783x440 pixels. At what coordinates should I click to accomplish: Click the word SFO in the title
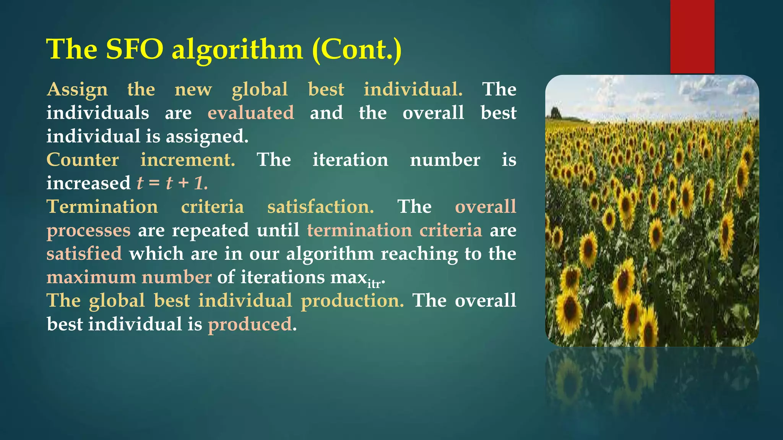pyautogui.click(x=134, y=49)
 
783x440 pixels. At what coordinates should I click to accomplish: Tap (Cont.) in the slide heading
pyautogui.click(x=357, y=50)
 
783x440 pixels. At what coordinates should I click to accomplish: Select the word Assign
pyautogui.click(x=77, y=90)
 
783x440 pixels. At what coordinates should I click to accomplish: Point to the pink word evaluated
pyautogui.click(x=251, y=113)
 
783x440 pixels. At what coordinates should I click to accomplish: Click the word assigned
pyautogui.click(x=207, y=137)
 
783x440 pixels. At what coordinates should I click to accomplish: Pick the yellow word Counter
pyautogui.click(x=83, y=160)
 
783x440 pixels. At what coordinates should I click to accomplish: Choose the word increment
pyautogui.click(x=188, y=160)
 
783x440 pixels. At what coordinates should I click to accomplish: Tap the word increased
pyautogui.click(x=88, y=183)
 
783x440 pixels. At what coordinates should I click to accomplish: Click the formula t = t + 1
pyautogui.click(x=172, y=183)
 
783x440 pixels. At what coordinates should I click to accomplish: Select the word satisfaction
pyautogui.click(x=320, y=207)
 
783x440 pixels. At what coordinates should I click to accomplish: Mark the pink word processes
pyautogui.click(x=88, y=231)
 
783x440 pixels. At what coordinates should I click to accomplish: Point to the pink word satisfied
pyautogui.click(x=84, y=254)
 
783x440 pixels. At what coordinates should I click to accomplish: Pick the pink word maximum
pyautogui.click(x=91, y=277)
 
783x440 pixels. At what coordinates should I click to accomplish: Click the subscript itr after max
pyautogui.click(x=374, y=284)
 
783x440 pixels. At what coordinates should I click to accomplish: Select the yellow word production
pyautogui.click(x=352, y=301)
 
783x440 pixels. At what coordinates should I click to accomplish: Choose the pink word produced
pyautogui.click(x=250, y=325)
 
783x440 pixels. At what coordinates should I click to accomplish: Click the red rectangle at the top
pyautogui.click(x=692, y=36)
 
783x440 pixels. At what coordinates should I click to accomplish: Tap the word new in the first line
pyautogui.click(x=193, y=90)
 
